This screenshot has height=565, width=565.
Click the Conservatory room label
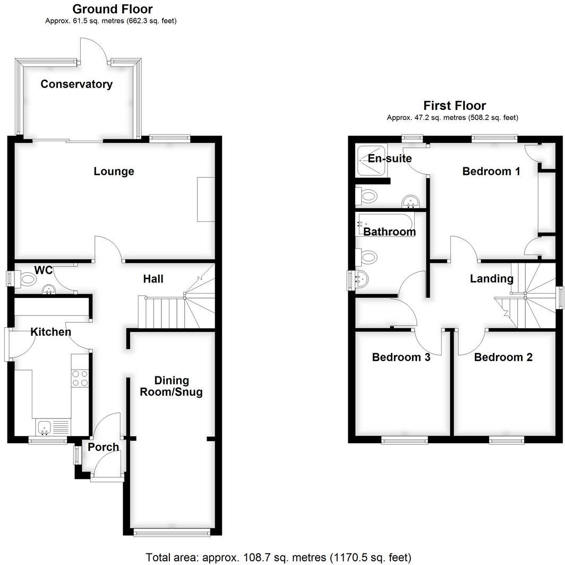76,84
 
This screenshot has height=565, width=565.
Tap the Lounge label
114,171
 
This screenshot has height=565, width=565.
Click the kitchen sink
44,426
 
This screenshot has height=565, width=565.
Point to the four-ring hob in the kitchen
79,378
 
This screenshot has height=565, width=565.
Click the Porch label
103,447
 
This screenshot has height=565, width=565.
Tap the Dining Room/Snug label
172,387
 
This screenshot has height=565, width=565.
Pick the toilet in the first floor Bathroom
367,257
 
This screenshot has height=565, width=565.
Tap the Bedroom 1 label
491,171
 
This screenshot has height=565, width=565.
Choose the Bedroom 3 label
401,357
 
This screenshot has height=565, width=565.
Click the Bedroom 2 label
503,357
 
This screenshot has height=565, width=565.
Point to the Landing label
491,278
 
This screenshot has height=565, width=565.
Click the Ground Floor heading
112,9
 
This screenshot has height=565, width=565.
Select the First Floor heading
454,105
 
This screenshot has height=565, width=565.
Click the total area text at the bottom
278,557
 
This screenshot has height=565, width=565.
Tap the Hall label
153,278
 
